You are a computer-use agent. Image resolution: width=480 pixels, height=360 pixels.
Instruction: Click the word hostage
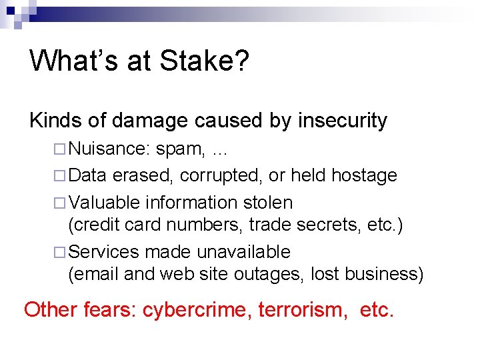click(364, 176)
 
